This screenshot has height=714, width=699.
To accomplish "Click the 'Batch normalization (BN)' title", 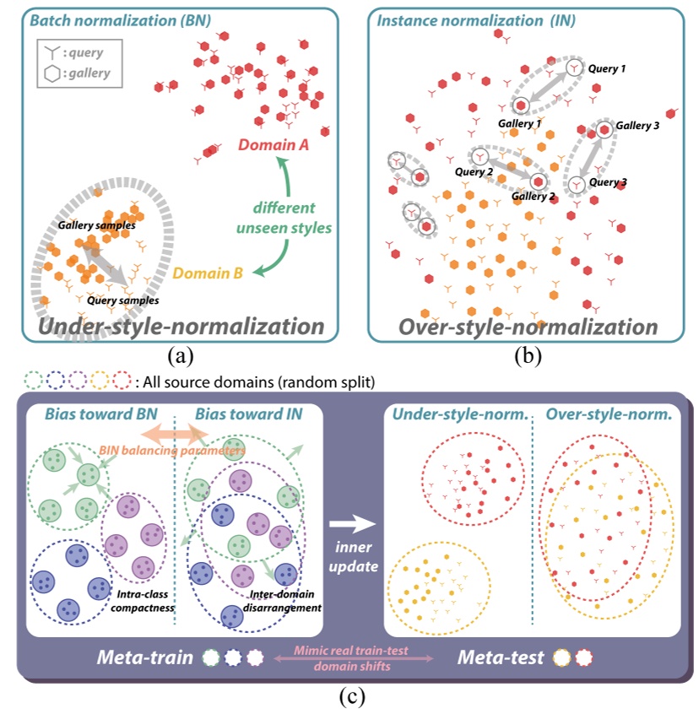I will [110, 15].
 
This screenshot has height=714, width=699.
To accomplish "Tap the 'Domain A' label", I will [274, 145].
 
